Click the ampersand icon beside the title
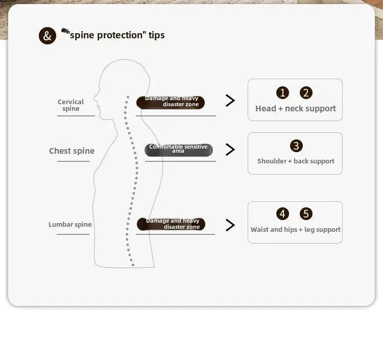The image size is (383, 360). [47, 36]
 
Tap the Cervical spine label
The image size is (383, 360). [70, 105]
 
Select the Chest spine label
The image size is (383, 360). [71, 151]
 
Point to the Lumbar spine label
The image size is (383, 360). [70, 224]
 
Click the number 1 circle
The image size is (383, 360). [282, 92]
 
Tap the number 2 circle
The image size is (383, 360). [306, 92]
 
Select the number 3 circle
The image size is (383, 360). [296, 146]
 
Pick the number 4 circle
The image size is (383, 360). [282, 214]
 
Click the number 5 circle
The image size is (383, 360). [306, 214]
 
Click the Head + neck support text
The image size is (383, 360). [296, 108]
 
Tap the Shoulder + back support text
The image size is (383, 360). [296, 161]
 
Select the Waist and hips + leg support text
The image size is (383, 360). [296, 229]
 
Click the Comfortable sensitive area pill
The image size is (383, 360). [178, 149]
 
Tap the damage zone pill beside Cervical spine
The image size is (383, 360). [171, 102]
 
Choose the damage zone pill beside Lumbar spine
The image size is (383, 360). [171, 224]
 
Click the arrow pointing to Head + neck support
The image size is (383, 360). [230, 101]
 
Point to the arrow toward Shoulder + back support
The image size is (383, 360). [230, 150]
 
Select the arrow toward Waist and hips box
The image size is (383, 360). [230, 225]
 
